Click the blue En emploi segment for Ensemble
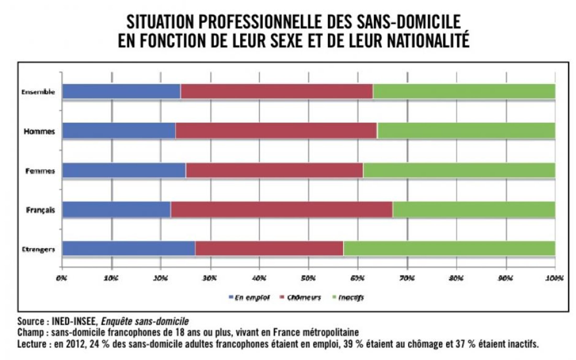pyautogui.click(x=121, y=91)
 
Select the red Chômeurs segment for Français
pyautogui.click(x=281, y=210)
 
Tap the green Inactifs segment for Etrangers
pyautogui.click(x=449, y=248)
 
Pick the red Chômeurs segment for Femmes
pyautogui.click(x=274, y=170)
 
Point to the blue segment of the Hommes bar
pyautogui.click(x=119, y=130)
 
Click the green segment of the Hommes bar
pyautogui.click(x=466, y=130)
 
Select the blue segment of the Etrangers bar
pyautogui.click(x=129, y=248)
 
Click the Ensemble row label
pyautogui.click(x=38, y=92)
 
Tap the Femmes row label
pyautogui.click(x=40, y=171)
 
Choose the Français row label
pyautogui.click(x=40, y=210)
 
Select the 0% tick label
pyautogui.click(x=62, y=278)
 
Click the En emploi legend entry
pyautogui.click(x=249, y=298)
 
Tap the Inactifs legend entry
pyautogui.click(x=348, y=298)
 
